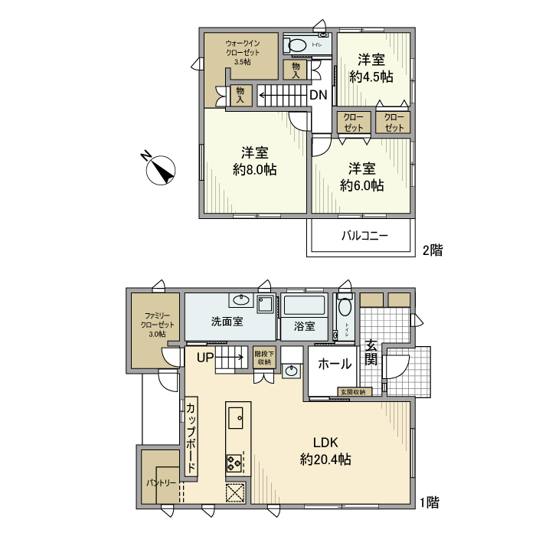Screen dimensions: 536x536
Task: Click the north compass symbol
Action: pyautogui.click(x=160, y=169)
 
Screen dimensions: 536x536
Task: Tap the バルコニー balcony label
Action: pyautogui.click(x=364, y=236)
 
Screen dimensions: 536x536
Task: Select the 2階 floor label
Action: pyautogui.click(x=432, y=249)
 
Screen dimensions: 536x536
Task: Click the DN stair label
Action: pyautogui.click(x=319, y=95)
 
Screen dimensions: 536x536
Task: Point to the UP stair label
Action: pyautogui.click(x=204, y=357)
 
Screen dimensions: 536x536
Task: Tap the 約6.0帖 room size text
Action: pyautogui.click(x=361, y=185)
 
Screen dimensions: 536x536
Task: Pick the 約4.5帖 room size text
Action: pyautogui.click(x=371, y=77)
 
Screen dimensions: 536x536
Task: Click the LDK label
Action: pyautogui.click(x=325, y=442)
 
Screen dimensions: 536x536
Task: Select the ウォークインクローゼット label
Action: pyautogui.click(x=242, y=52)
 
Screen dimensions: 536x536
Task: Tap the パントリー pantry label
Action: pyautogui.click(x=161, y=483)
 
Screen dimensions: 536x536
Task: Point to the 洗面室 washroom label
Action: pyautogui.click(x=227, y=322)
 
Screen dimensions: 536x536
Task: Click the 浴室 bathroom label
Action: pyautogui.click(x=304, y=326)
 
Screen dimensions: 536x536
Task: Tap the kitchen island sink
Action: pyautogui.click(x=237, y=417)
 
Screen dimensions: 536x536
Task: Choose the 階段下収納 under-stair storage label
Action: pyautogui.click(x=263, y=358)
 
